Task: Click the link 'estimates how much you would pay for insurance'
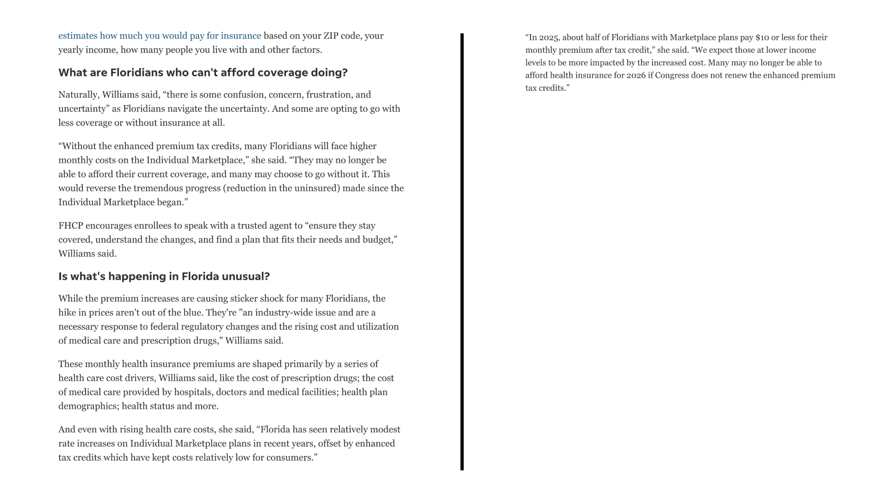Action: (160, 36)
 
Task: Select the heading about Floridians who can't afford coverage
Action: (203, 73)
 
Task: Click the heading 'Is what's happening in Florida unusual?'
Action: (164, 276)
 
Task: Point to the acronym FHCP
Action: (70, 226)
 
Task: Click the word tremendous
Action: (158, 188)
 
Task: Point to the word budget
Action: (379, 240)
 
